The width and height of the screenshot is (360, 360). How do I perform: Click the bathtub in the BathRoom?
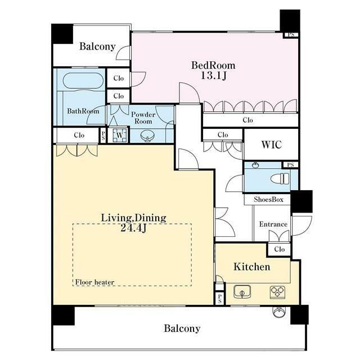[x=83, y=81]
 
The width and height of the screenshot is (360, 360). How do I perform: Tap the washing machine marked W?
[x=119, y=135]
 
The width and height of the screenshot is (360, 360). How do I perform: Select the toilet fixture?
[x=280, y=179]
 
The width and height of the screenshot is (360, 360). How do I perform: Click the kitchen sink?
[x=242, y=291]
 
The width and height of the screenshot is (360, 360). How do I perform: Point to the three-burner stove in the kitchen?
[x=277, y=291]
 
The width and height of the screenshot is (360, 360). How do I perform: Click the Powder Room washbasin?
[x=147, y=136]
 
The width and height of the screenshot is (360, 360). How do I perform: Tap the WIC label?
[x=271, y=145]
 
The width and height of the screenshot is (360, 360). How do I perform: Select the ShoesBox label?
[x=268, y=200]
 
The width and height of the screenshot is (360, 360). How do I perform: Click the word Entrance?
[x=273, y=224]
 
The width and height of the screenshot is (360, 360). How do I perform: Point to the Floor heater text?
[x=94, y=282]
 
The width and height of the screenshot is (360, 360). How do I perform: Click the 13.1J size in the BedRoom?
[x=214, y=75]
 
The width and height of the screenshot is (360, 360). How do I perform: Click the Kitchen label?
[x=252, y=267]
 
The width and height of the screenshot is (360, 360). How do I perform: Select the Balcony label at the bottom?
[x=182, y=328]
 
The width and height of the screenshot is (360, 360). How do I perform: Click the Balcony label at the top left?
[x=97, y=46]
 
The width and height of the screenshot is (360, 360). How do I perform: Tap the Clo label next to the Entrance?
[x=280, y=249]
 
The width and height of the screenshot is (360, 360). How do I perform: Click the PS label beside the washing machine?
[x=103, y=135]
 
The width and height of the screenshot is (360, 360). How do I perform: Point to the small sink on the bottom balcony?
[x=279, y=312]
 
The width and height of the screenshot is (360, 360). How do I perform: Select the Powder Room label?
[x=143, y=118]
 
